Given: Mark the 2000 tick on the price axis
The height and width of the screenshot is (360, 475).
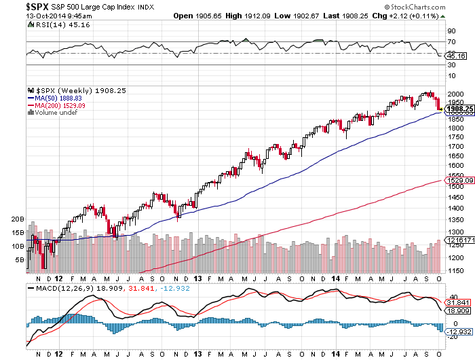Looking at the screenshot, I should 452,92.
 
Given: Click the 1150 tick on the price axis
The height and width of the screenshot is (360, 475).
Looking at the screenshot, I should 452,271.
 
